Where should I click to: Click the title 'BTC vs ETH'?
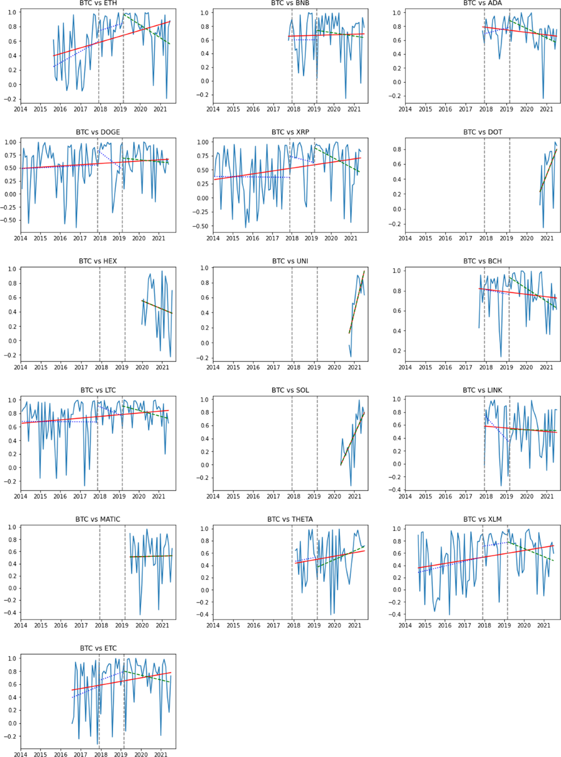tap(98, 3)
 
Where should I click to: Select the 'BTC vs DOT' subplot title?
tap(482, 132)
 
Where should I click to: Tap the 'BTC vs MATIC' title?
tap(98, 519)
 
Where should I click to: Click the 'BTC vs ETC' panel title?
tap(98, 648)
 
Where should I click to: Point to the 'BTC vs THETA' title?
tap(290, 519)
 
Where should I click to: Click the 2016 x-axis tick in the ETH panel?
tap(60, 109)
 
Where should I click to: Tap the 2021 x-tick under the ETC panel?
tap(161, 754)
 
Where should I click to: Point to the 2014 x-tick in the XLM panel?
tap(405, 625)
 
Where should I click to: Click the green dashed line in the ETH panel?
tap(150, 31)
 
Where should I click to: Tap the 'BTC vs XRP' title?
tap(290, 132)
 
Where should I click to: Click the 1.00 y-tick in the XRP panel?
tap(202, 142)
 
